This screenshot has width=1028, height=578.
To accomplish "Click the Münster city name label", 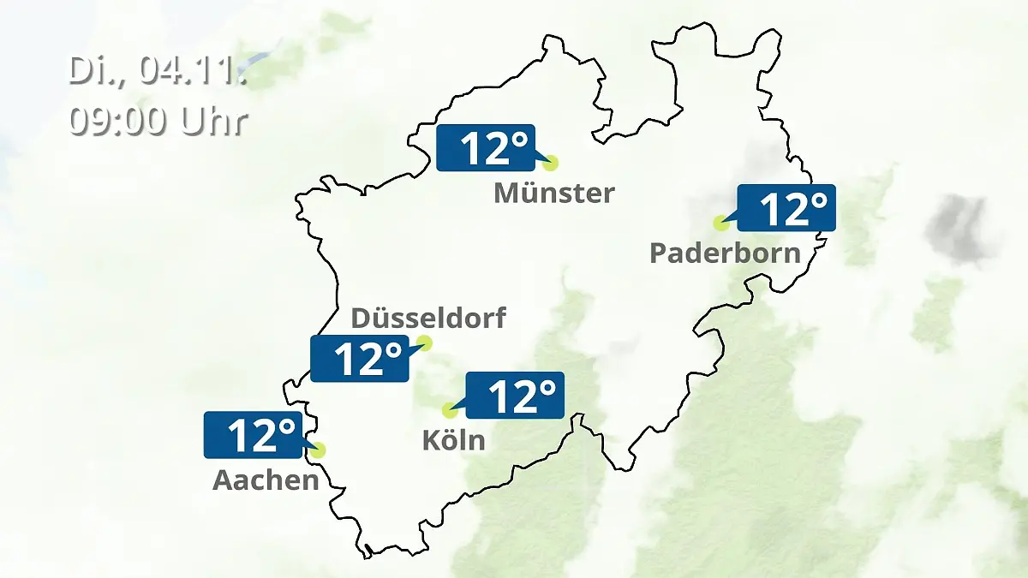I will tap(553, 193).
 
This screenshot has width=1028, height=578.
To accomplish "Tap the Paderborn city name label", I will tap(726, 253).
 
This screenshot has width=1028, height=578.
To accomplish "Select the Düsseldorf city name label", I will tap(428, 319).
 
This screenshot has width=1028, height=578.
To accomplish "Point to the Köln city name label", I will tap(453, 440).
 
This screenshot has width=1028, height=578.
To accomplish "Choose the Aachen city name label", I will tap(266, 480).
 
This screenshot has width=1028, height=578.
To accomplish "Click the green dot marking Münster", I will tap(550, 162).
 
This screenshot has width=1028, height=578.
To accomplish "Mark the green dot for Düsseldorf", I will tap(424, 343).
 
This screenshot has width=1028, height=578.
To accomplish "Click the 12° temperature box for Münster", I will tap(486, 148).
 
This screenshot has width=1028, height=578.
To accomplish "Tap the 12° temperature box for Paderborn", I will tap(786, 208).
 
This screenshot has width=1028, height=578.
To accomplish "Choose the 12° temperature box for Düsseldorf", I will tap(360, 359).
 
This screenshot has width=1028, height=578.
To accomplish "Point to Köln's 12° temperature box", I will tap(515, 395).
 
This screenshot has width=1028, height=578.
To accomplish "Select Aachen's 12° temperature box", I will tap(253, 435).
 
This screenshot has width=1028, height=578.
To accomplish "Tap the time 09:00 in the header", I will tap(121, 121).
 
